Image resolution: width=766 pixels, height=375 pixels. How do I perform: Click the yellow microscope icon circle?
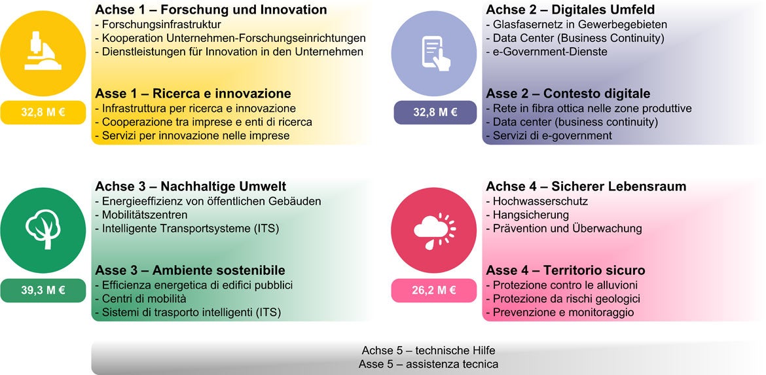[43, 53]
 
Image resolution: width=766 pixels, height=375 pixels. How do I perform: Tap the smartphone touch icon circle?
[434, 53]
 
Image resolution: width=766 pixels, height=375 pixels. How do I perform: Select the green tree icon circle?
[43, 230]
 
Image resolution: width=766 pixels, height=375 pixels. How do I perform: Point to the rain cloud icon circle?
[434, 230]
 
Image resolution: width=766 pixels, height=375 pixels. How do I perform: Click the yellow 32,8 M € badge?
[43, 113]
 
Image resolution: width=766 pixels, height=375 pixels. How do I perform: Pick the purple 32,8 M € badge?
[435, 113]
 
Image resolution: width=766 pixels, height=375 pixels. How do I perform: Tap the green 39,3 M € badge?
[43, 290]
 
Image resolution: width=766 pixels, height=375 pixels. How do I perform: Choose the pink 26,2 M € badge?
[434, 290]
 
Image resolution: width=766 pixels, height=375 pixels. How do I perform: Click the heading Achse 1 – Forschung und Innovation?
[211, 10]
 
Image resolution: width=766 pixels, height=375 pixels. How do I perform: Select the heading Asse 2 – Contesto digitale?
[568, 94]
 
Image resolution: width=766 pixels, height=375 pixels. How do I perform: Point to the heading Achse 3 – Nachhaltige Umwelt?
[191, 187]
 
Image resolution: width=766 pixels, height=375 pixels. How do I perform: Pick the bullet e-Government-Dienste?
[547, 51]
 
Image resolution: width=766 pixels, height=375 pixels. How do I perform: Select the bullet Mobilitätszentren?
[141, 215]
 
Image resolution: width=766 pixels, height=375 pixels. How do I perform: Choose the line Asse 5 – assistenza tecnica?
[428, 365]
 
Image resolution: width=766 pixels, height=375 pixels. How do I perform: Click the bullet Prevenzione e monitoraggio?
[560, 313]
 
